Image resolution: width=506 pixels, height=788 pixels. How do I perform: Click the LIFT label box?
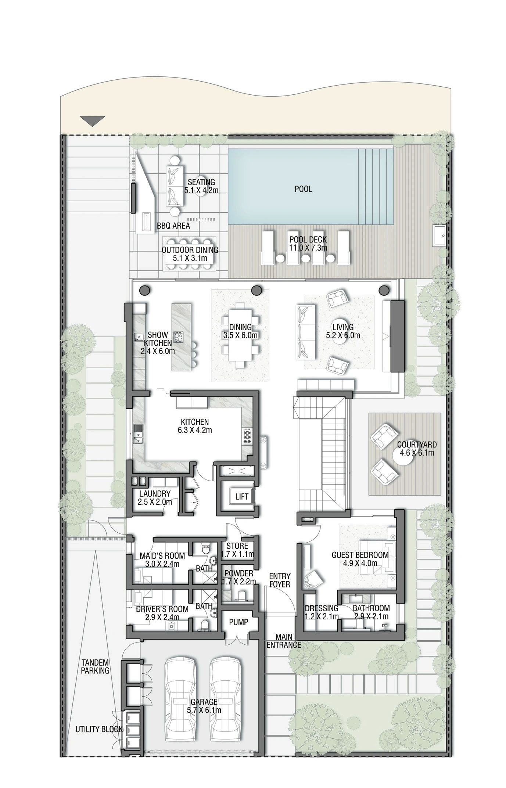click(241, 497)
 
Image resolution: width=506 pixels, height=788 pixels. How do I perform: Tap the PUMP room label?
click(238, 622)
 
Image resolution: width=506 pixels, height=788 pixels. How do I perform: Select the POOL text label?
click(303, 189)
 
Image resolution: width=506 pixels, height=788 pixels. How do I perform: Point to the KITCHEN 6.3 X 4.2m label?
click(195, 426)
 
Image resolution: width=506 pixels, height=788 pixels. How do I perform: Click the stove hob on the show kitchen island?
click(178, 337)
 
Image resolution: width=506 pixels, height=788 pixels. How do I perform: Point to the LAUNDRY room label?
click(155, 497)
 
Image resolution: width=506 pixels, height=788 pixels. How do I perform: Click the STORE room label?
click(237, 546)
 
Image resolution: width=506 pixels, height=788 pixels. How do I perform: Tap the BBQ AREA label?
click(173, 226)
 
